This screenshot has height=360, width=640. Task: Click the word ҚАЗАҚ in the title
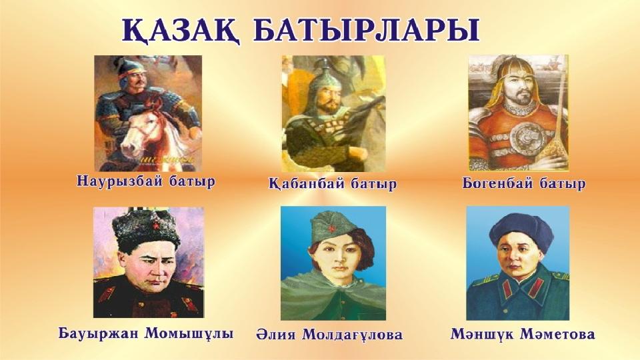pos(181,31)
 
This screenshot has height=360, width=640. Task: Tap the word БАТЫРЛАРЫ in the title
pos(367,30)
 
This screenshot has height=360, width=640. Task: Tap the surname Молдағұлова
pos(353,335)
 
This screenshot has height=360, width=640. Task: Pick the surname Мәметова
pos(557,334)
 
